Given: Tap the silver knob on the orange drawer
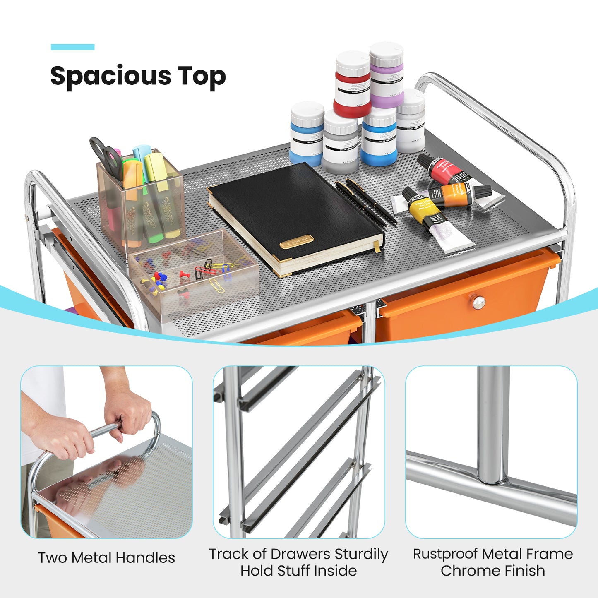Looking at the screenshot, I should pyautogui.click(x=479, y=303).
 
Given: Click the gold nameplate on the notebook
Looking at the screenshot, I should pyautogui.click(x=296, y=242).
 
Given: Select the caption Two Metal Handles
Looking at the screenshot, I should pyautogui.click(x=106, y=558).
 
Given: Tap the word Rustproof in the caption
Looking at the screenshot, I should pyautogui.click(x=445, y=554).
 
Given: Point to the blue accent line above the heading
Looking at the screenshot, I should pyautogui.click(x=72, y=47).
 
